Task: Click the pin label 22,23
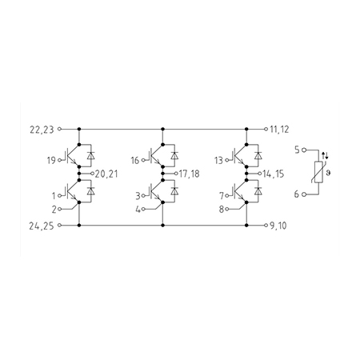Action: tap(42, 130)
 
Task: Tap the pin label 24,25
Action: tap(42, 226)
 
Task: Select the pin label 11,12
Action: tap(279, 130)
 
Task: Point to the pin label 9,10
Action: tap(278, 226)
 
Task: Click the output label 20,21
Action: tap(106, 174)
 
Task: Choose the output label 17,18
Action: tap(189, 174)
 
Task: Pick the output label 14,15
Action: tap(274, 174)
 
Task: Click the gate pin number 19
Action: tap(51, 161)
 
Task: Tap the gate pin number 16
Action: tap(135, 161)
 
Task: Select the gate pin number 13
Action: tap(218, 161)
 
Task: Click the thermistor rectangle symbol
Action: tap(318, 172)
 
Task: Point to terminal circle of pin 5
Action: tap(303, 150)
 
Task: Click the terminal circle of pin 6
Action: tap(303, 194)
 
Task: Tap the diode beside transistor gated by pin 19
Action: tap(91, 155)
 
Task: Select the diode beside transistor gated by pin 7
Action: tap(258, 191)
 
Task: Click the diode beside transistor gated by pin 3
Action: tap(174, 191)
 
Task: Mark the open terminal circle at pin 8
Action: tap(227, 210)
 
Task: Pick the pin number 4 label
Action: tap(138, 210)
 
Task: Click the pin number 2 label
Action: tap(54, 210)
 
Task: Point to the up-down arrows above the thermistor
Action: tap(325, 156)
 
